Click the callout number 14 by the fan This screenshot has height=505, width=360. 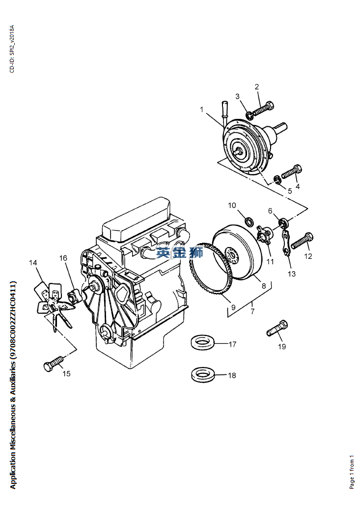point(33,263)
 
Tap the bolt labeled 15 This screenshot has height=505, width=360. point(54,363)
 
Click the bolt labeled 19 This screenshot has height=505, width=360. point(277,328)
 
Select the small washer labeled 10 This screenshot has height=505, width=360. point(249,221)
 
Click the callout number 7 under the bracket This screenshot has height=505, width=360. point(252,311)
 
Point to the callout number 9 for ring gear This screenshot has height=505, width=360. point(233,307)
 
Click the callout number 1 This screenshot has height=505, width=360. point(201,110)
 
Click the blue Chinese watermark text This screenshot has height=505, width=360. point(180,252)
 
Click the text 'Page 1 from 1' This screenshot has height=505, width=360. point(352,472)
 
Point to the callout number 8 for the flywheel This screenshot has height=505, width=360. point(263,285)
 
